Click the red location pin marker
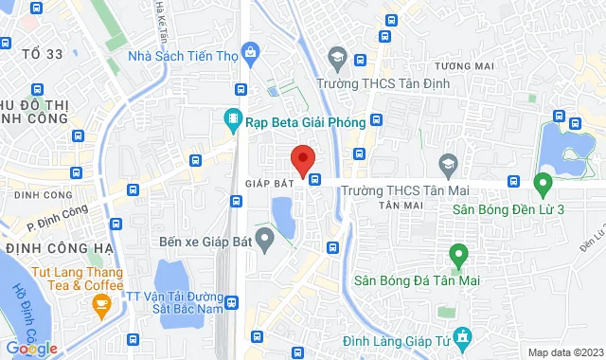[303, 160]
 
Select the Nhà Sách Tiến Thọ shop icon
[250, 52]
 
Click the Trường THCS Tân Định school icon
[334, 59]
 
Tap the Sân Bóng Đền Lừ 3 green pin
[543, 182]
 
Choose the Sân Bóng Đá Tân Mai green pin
[457, 254]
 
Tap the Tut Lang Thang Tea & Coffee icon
[101, 305]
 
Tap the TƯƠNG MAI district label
[465, 66]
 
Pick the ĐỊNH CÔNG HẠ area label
[59, 248]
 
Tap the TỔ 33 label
[42, 54]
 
